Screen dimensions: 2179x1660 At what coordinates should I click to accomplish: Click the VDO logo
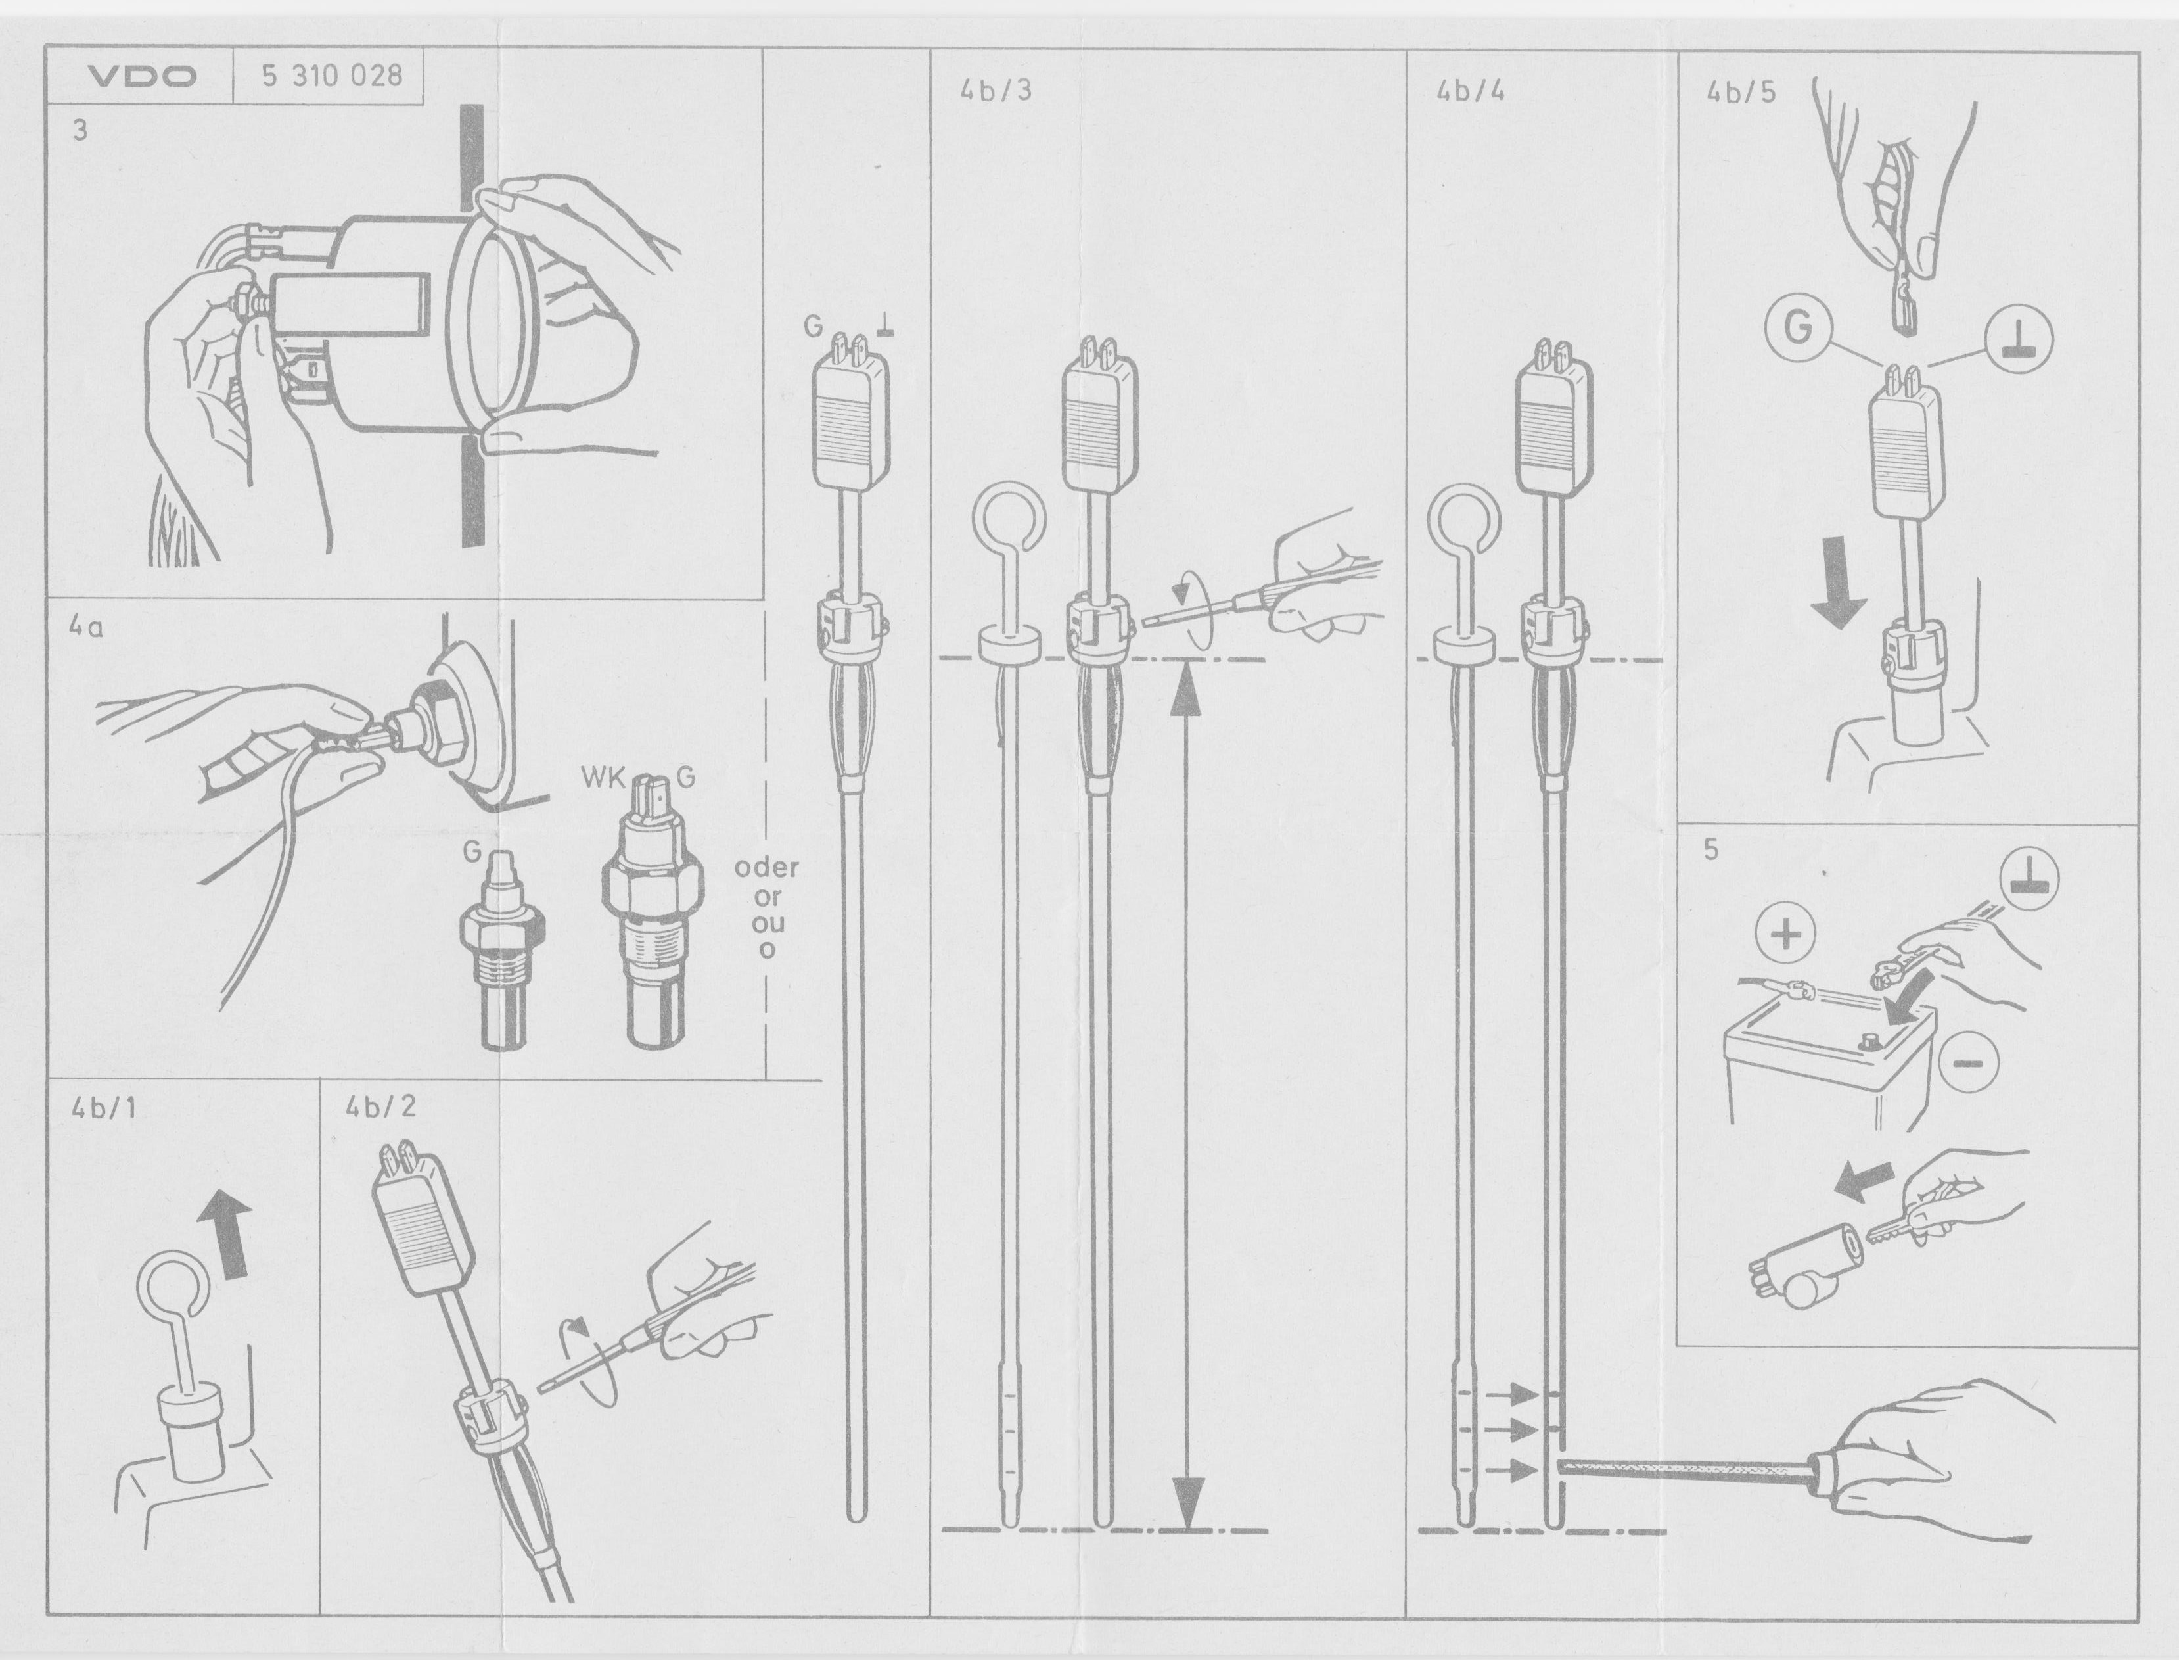pos(142,77)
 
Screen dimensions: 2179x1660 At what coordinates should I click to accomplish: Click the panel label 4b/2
pos(380,1106)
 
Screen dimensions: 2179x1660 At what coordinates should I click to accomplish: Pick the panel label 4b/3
pos(996,90)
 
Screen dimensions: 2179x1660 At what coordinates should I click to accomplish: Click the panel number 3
pos(80,130)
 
